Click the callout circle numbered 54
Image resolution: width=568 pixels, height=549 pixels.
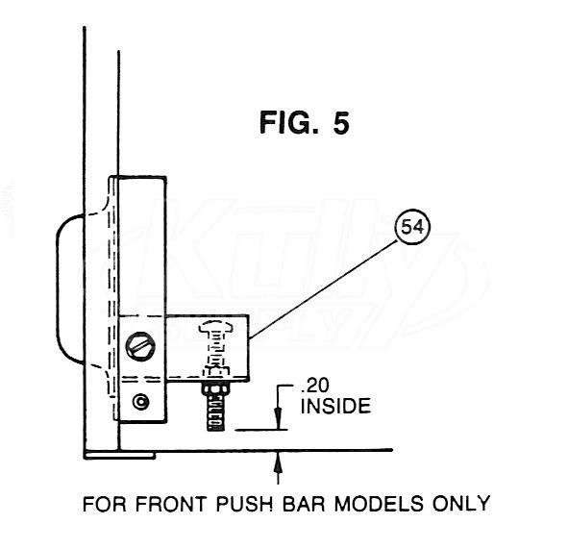(x=412, y=227)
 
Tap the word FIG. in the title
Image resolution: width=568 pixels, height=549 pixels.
(x=289, y=123)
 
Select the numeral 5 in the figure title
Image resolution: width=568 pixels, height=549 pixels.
(x=341, y=123)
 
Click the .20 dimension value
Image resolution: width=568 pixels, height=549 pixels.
(x=315, y=386)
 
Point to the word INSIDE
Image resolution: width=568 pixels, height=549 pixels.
(x=335, y=406)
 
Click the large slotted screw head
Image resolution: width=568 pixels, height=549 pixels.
(x=140, y=346)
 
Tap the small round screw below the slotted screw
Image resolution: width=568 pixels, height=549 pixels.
(x=141, y=402)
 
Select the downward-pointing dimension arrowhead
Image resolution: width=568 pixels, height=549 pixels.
(x=278, y=418)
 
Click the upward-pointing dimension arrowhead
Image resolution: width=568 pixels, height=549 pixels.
(x=278, y=462)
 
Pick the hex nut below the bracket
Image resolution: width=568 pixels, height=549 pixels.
(x=215, y=390)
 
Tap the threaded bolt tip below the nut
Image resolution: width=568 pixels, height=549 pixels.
(x=215, y=413)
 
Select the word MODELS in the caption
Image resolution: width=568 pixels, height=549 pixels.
(x=379, y=504)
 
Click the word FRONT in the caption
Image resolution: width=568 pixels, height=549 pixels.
(x=171, y=504)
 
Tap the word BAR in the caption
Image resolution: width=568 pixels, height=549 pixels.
(x=304, y=504)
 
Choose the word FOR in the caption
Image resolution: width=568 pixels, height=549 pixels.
(x=105, y=504)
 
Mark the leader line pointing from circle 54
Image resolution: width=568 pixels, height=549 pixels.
(x=323, y=290)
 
